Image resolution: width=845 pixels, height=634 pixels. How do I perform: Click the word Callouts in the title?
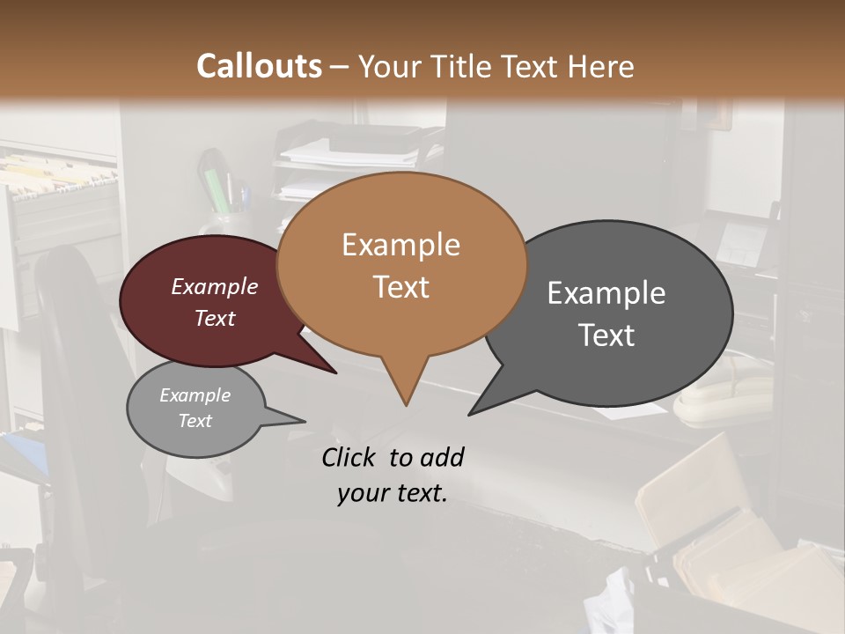click(x=259, y=66)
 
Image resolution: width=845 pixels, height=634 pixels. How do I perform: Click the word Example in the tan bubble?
click(x=400, y=245)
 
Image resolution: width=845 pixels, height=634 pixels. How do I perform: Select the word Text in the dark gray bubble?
click(x=606, y=335)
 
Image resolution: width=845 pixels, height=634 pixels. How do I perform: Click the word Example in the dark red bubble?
click(x=215, y=287)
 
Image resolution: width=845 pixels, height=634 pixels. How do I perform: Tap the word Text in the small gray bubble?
click(x=195, y=421)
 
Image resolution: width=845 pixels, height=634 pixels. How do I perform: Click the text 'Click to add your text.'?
click(x=393, y=475)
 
